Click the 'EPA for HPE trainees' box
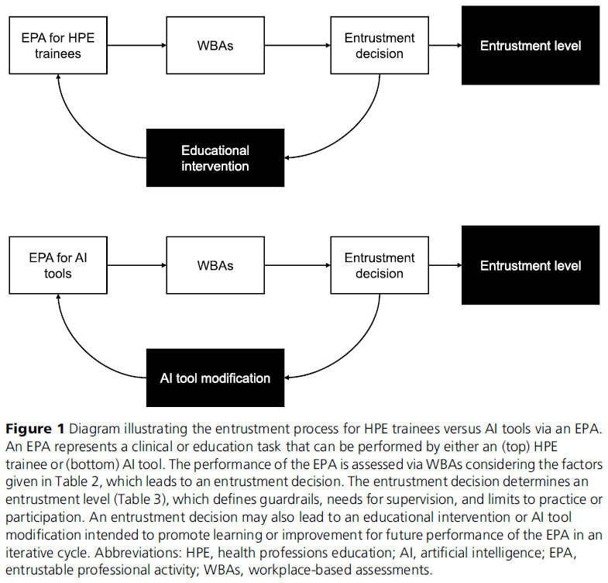(58, 46)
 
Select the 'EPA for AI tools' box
(58, 265)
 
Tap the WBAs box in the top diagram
(215, 46)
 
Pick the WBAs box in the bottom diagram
(215, 265)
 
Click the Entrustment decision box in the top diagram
(380, 46)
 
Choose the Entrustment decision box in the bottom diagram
(380, 265)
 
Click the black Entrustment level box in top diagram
(531, 46)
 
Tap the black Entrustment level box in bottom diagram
(531, 265)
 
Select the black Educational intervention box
(215, 158)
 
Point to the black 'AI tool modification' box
(215, 378)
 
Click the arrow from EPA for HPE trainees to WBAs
(137, 46)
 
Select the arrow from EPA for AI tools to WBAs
(137, 265)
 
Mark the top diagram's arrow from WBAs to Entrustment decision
(297, 46)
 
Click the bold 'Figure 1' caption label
(35, 429)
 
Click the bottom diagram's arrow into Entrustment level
(445, 265)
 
